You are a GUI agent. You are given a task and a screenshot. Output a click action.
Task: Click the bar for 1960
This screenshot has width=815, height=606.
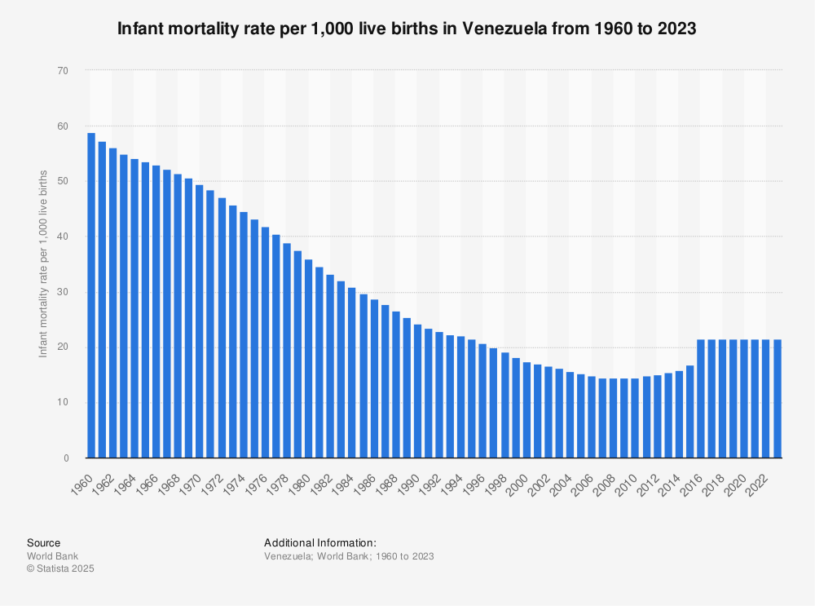91,294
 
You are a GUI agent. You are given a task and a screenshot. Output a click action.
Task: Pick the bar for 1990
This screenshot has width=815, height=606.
417,391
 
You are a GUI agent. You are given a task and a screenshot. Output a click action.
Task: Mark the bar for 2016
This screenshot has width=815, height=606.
701,399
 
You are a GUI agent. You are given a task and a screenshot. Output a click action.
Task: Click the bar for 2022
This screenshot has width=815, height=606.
766,399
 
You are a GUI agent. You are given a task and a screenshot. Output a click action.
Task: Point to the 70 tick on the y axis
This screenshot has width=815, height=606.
62,71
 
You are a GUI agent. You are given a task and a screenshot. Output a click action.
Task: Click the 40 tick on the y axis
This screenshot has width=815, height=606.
62,237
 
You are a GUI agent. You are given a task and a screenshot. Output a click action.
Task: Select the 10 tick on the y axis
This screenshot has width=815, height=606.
62,403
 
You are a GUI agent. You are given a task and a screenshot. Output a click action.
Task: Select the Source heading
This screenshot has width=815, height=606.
43,542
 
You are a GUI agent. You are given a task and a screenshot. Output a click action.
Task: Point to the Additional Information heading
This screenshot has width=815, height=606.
319,542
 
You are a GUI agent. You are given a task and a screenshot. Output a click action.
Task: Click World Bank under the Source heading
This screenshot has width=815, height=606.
52,556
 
